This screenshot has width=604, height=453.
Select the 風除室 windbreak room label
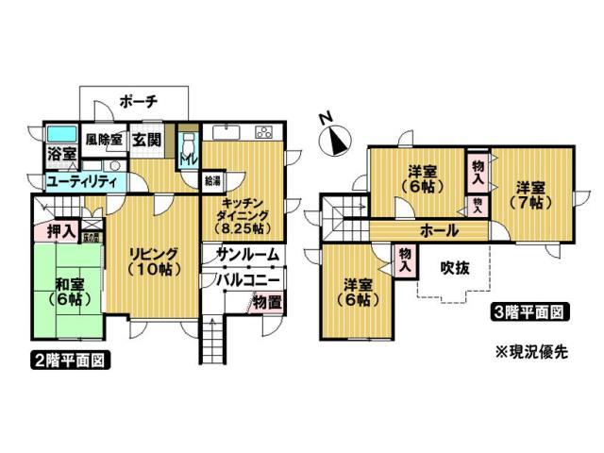click(x=104, y=139)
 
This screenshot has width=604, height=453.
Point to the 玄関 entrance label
click(x=146, y=140)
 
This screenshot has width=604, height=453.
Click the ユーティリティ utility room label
click(x=81, y=180)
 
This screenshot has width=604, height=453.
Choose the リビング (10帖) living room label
click(x=152, y=259)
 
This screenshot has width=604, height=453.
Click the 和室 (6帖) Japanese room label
click(x=66, y=290)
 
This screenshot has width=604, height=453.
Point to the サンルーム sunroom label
click(x=247, y=254)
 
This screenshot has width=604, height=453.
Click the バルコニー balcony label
click(x=247, y=279)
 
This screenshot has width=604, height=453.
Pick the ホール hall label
click(x=440, y=229)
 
